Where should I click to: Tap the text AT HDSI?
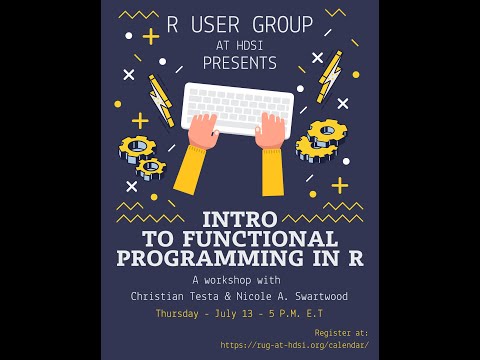(240, 45)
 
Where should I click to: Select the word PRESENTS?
(240, 63)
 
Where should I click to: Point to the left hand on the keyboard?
(203, 131)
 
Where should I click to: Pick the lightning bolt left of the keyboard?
(160, 100)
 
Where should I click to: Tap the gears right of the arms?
(322, 140)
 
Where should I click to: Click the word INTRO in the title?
(240, 219)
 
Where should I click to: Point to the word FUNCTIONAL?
(269, 239)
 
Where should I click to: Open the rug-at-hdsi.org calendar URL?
(294, 345)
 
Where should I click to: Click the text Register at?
(341, 332)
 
